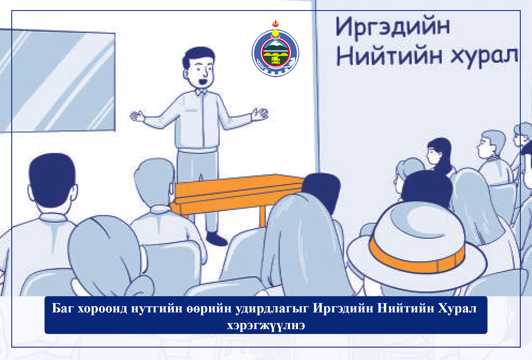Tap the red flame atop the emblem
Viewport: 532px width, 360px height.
276,23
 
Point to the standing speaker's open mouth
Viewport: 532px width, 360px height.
203,82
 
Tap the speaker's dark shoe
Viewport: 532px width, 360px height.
217,239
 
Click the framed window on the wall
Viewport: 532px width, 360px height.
58,81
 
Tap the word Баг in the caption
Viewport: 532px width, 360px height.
63,308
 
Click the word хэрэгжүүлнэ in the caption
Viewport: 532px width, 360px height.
266,325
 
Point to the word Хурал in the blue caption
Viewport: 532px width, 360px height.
457,309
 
